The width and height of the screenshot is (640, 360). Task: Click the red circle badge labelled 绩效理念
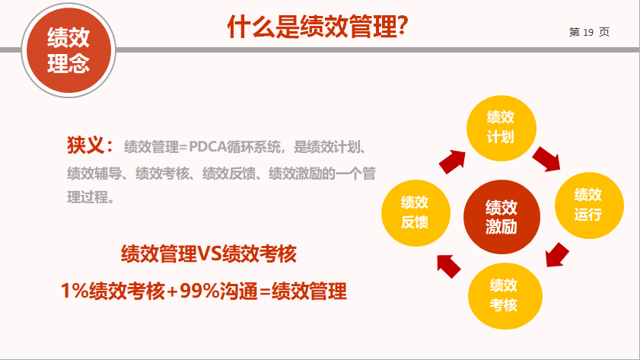(x=68, y=50)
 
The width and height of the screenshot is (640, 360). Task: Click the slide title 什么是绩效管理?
(x=317, y=27)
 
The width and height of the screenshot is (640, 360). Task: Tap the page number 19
(x=588, y=32)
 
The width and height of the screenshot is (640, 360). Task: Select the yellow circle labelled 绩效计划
(x=501, y=128)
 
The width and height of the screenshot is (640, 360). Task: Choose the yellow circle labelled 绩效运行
(x=589, y=205)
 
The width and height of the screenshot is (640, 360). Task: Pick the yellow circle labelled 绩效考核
(x=505, y=296)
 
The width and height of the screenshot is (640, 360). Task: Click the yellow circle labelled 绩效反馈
(x=416, y=213)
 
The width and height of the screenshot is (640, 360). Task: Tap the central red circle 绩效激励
(x=501, y=217)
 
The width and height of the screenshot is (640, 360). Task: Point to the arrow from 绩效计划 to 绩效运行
(x=547, y=159)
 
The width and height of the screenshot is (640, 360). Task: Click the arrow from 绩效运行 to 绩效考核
(x=557, y=255)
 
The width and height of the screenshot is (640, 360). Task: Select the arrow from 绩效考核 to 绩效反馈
(x=448, y=266)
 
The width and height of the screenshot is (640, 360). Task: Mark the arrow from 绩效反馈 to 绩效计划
(x=453, y=161)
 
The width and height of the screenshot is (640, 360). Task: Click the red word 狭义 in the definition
(x=86, y=145)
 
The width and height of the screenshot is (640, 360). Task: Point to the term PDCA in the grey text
(x=208, y=147)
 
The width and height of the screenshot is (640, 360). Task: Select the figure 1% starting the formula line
(x=75, y=291)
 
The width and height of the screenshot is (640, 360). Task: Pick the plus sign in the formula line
(x=172, y=292)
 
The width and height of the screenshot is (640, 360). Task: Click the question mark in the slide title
(x=403, y=27)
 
